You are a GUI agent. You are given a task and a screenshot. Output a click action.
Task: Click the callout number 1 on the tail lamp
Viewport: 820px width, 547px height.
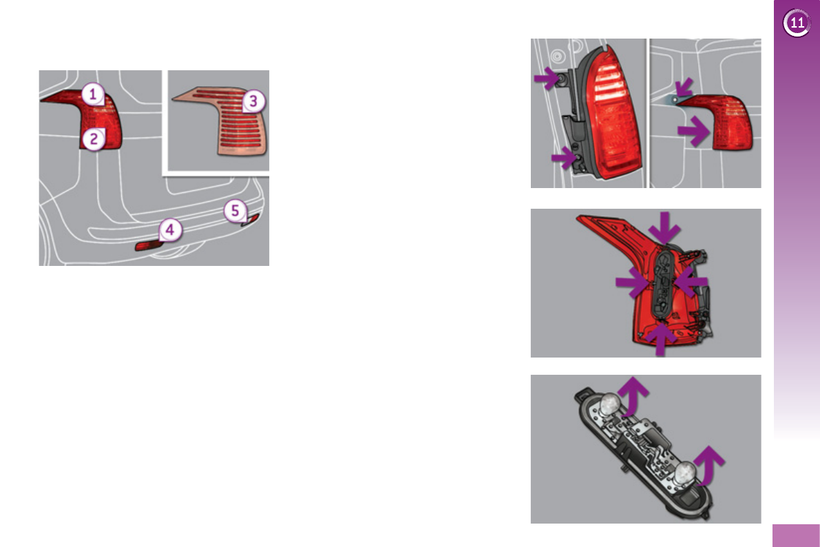tap(94, 94)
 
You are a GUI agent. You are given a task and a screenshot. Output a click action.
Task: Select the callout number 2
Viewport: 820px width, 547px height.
tap(94, 140)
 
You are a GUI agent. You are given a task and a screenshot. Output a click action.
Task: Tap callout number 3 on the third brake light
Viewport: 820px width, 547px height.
tap(253, 102)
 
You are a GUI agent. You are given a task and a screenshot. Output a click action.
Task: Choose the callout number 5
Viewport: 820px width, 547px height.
tap(235, 209)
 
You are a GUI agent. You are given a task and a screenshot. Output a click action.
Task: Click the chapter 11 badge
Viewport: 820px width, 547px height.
tap(796, 23)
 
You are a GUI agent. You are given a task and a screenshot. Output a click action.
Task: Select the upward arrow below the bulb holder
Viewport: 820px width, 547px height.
tap(661, 340)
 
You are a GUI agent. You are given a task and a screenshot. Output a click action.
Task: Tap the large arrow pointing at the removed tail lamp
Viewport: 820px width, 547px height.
tap(692, 132)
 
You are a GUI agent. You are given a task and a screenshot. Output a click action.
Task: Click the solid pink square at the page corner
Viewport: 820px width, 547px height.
tap(795, 535)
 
